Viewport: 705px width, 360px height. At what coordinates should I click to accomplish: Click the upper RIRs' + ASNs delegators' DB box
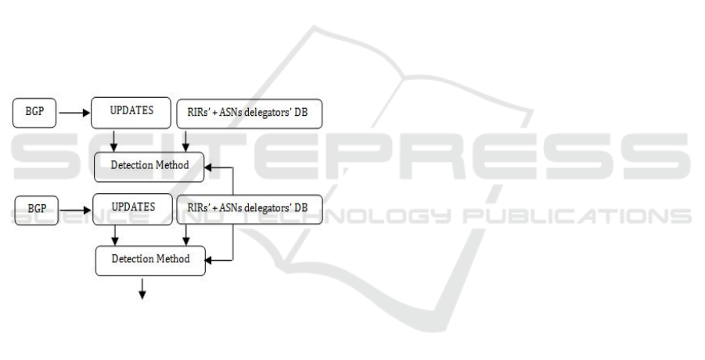click(x=250, y=112)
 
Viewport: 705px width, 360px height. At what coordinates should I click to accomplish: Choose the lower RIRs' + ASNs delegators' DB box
click(x=250, y=209)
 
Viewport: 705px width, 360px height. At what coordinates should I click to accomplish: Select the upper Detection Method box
click(x=150, y=164)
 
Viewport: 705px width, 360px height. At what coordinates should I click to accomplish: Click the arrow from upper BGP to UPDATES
click(x=74, y=112)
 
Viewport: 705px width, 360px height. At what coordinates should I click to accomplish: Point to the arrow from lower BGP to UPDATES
click(x=77, y=210)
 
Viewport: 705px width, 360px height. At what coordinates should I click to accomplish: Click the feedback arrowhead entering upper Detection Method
click(x=213, y=166)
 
